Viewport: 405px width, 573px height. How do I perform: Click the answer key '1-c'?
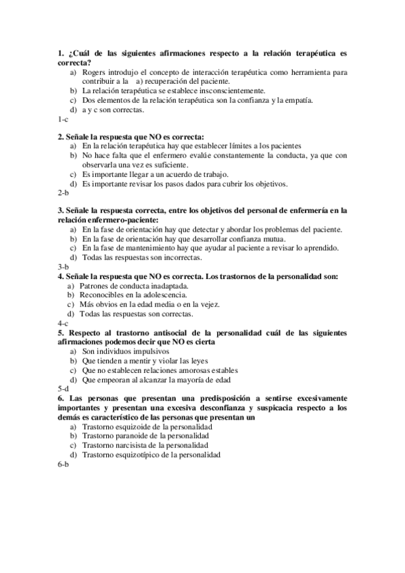(63, 119)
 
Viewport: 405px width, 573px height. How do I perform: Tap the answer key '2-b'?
(63, 193)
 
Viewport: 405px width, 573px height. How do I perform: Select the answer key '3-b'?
(63, 267)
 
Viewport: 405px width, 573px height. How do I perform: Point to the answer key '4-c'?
(63, 323)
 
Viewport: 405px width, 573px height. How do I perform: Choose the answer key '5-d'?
(63, 389)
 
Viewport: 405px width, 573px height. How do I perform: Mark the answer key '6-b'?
(63, 465)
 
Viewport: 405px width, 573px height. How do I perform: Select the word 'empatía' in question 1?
(300, 99)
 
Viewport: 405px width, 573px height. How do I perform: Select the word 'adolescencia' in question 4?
(175, 295)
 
